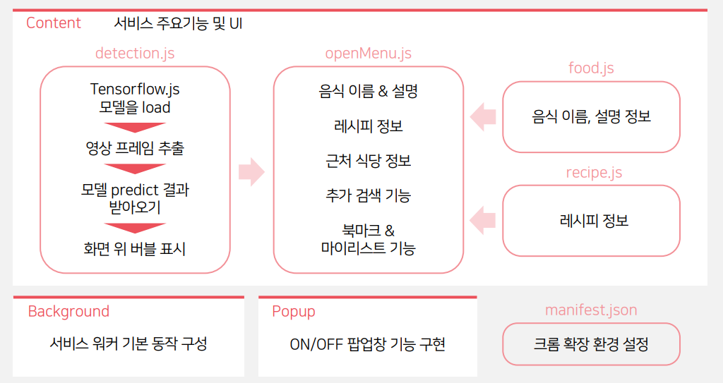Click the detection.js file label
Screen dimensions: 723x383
click(x=135, y=54)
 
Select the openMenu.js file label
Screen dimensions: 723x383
click(x=368, y=54)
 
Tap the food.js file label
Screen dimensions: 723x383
click(x=591, y=68)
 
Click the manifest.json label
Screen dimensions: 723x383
click(x=591, y=310)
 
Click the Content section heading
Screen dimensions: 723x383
click(x=54, y=23)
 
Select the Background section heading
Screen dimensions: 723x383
click(x=68, y=312)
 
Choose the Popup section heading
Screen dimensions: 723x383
click(x=294, y=312)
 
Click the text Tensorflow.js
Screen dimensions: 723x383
click(x=135, y=90)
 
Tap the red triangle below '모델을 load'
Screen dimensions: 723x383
click(x=135, y=128)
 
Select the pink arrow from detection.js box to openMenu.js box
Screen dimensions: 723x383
click(x=251, y=171)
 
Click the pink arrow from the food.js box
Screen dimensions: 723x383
click(x=483, y=116)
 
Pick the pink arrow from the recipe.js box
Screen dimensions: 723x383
click(x=483, y=220)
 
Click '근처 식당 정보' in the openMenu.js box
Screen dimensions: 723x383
click(x=368, y=161)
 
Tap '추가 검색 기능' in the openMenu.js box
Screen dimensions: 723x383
click(x=368, y=195)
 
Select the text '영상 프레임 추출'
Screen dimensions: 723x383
click(x=135, y=148)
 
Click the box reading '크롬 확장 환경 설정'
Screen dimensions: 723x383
click(x=591, y=344)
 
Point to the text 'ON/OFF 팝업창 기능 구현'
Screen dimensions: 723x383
click(x=368, y=345)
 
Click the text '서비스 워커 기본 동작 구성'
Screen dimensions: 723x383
click(x=129, y=344)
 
